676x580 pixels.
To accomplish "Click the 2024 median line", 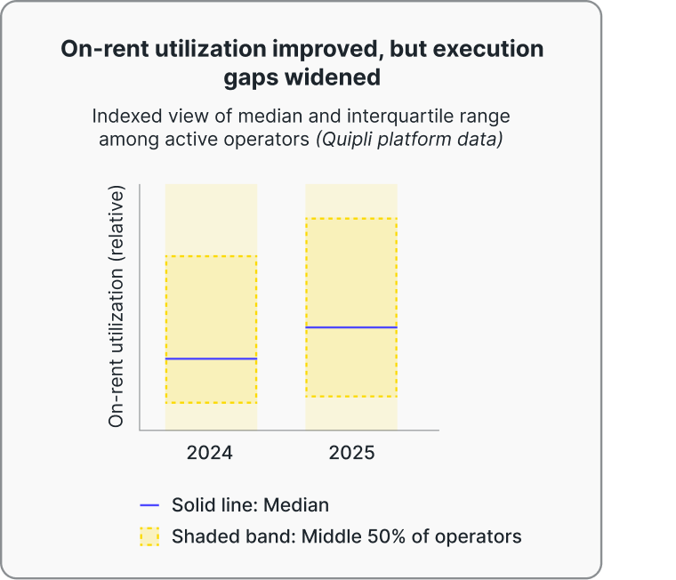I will (x=211, y=358).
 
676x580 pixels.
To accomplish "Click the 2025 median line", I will (x=351, y=327).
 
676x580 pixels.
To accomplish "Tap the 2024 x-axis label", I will (x=210, y=452).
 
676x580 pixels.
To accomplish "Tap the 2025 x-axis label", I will (x=351, y=452).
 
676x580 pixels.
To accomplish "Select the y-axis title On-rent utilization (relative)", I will (x=116, y=307).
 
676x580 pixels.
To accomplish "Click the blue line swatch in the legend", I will (x=149, y=505).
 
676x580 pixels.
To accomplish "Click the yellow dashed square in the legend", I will (x=149, y=536).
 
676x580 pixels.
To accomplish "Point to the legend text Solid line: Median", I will (x=250, y=505).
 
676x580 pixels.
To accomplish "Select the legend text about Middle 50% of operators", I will (x=346, y=536).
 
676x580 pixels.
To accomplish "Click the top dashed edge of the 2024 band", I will (x=211, y=256).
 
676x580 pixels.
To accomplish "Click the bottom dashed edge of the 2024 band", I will (x=211, y=403).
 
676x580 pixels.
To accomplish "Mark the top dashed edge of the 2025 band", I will (x=351, y=218).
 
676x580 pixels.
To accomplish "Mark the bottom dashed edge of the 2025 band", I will (x=351, y=397).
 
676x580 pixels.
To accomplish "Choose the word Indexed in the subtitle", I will (x=126, y=117).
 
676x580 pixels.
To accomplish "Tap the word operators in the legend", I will (x=479, y=536).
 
